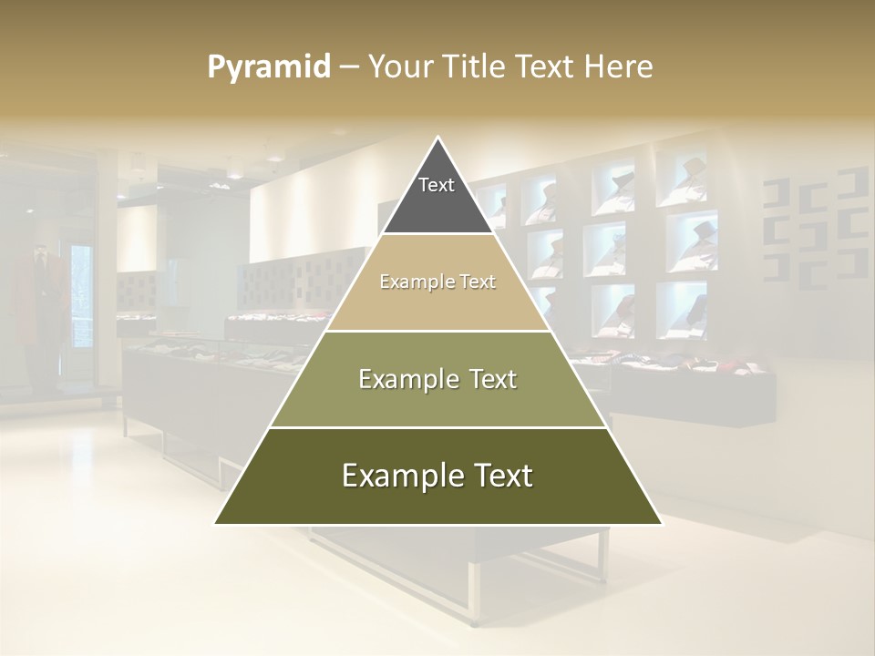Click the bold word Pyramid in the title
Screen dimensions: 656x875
[x=269, y=67]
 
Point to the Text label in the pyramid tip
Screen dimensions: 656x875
[x=437, y=185]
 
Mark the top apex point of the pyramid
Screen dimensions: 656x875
[x=438, y=138]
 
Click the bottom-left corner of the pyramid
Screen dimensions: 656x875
[x=216, y=523]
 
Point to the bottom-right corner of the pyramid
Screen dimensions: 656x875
[x=661, y=523]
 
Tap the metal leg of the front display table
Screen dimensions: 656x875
[x=473, y=592]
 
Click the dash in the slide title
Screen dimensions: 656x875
[x=349, y=67]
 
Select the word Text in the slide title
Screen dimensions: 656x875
[x=548, y=67]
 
